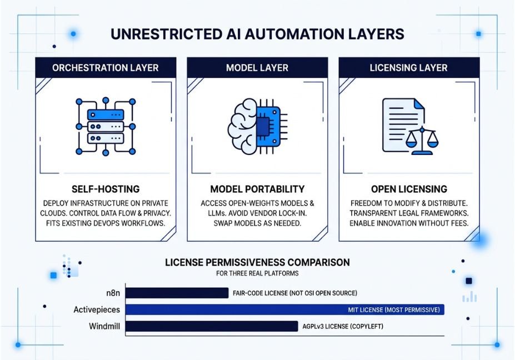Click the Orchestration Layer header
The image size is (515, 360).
coord(106,68)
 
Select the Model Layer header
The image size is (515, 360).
coord(257,68)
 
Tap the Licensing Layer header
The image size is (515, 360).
coord(409,68)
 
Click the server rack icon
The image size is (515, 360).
coord(106,127)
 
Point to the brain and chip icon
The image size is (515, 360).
coord(258,127)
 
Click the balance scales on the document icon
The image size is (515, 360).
coord(422,141)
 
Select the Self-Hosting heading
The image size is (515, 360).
coord(106,189)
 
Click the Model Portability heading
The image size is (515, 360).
coord(258,189)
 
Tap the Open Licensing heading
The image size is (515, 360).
coord(409,189)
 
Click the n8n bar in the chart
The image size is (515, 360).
coord(177,293)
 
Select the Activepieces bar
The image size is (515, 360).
coord(285,310)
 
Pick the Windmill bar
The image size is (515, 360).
coord(212,327)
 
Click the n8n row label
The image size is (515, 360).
coord(113,293)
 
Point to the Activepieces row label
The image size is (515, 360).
coord(97,310)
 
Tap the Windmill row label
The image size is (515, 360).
coord(104,327)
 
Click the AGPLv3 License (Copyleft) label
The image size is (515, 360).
coord(343,327)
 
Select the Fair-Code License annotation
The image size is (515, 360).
coord(295,293)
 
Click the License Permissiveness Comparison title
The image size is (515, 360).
coord(258,262)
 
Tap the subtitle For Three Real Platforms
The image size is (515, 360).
coord(258,273)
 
